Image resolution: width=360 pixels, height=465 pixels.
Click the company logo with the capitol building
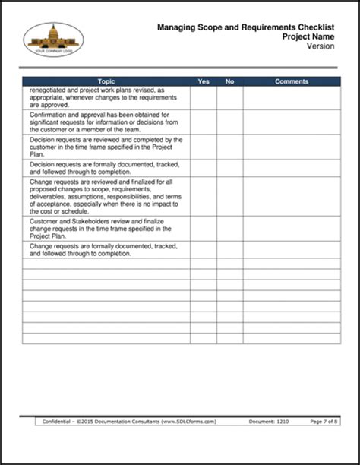pyautogui.click(x=54, y=39)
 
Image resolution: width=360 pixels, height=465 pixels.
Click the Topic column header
pyautogui.click(x=106, y=81)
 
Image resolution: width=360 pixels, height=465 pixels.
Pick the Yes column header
pyautogui.click(x=204, y=81)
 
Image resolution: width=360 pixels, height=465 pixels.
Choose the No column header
pyautogui.click(x=230, y=81)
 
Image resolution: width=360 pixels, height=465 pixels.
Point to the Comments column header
pyautogui.click(x=292, y=81)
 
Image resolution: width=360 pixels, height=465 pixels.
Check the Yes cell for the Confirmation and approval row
pyautogui.click(x=204, y=122)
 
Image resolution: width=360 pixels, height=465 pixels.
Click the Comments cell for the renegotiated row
pyautogui.click(x=292, y=97)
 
